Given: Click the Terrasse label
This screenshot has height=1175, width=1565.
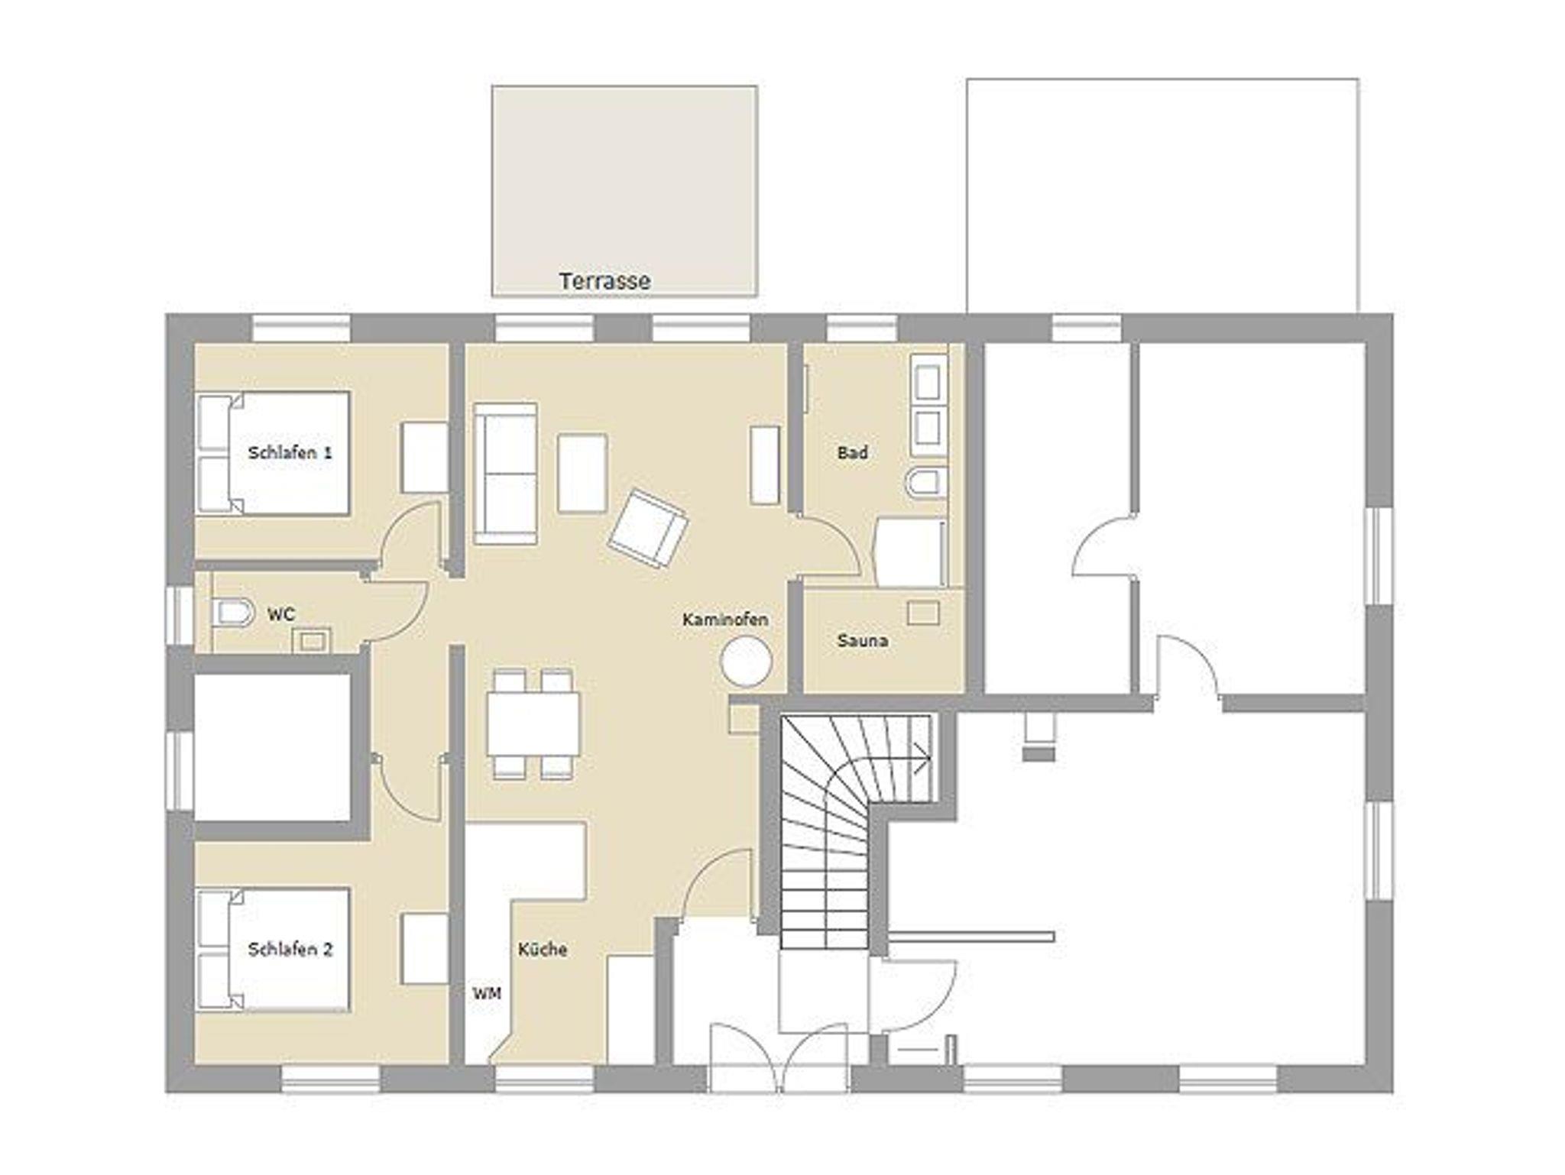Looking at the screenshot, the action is pos(604,281).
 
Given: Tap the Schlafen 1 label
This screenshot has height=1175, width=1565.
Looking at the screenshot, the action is pos(290,452).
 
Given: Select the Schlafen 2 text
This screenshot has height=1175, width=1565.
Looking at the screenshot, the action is pos(290,950).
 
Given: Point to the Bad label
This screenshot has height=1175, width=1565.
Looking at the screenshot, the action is pos(852,453).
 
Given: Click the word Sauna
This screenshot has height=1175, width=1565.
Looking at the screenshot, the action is pos(862,640).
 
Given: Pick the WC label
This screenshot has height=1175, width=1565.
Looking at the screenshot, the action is pos(280,614).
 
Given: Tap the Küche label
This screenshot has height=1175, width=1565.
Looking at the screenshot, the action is pos(543,950).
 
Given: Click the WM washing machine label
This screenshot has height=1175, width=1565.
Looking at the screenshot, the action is pos(487,993).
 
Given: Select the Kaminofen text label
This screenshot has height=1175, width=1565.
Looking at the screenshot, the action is pos(725,620).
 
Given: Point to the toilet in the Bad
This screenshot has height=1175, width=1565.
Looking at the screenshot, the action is pos(925,483).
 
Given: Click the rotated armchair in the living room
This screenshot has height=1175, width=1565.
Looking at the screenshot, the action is pos(648,529).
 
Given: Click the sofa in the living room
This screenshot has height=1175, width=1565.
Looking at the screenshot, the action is pos(505,474).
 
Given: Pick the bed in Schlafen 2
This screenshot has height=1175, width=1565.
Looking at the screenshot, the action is pos(273,950).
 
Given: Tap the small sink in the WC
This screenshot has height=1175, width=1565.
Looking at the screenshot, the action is pos(313,640).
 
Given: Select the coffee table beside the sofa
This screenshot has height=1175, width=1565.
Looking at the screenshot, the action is pos(583,473).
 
